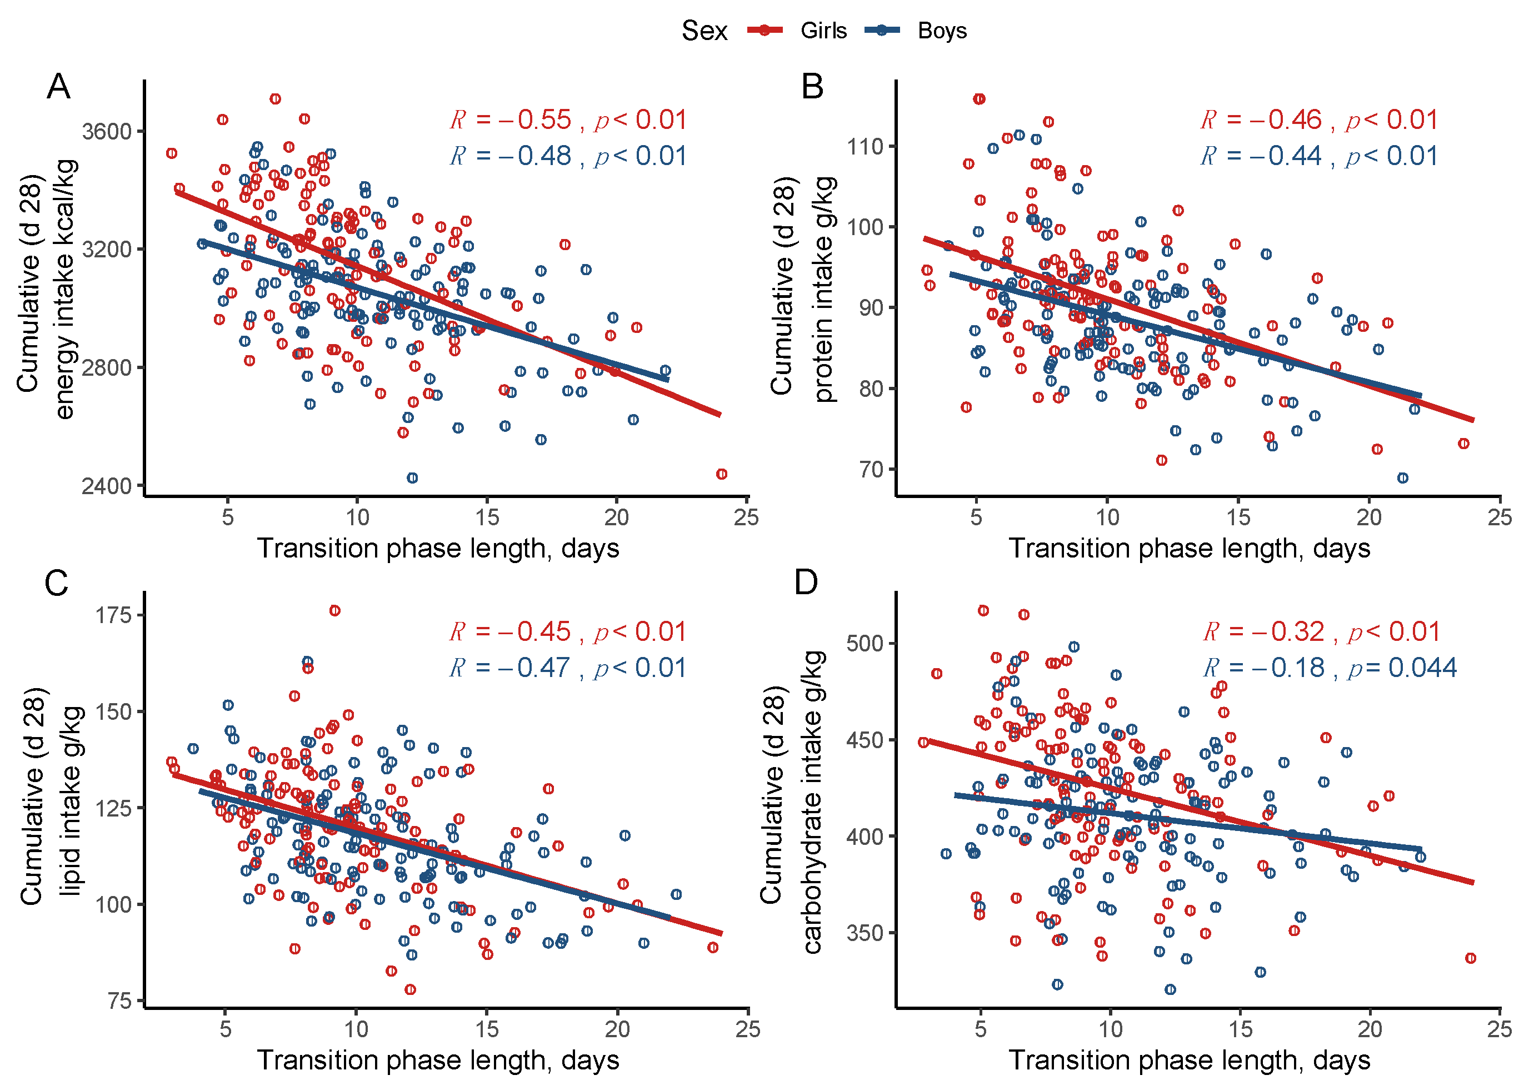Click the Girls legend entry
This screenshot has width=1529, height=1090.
pos(797,31)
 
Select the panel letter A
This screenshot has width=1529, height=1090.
pos(58,87)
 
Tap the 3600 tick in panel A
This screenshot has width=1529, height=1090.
pos(107,131)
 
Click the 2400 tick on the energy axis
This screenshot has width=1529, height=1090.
pos(107,485)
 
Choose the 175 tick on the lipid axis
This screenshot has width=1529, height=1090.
pos(113,615)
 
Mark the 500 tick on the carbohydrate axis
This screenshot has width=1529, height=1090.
pos(866,643)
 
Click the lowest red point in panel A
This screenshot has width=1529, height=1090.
pos(721,475)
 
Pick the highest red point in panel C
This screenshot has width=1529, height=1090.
pos(335,611)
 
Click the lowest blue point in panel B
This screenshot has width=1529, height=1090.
pos(1402,478)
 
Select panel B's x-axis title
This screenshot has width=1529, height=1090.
pos(1189,549)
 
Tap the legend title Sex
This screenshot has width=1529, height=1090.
pos(704,31)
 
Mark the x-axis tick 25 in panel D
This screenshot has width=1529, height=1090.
pos(1500,1029)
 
